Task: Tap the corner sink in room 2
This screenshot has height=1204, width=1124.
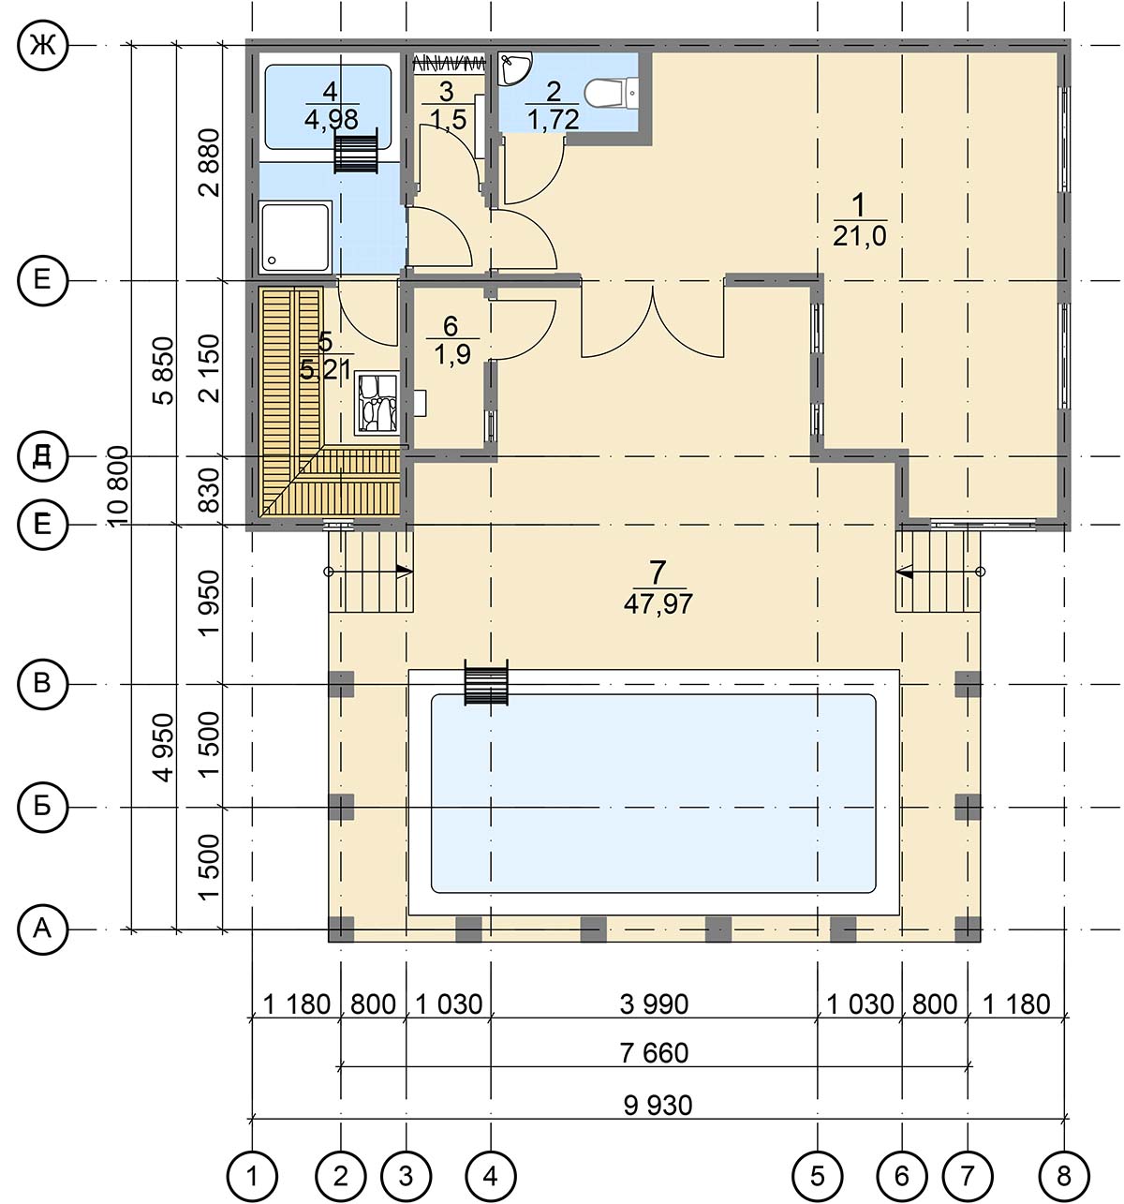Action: point(513,67)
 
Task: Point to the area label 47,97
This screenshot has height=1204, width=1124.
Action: point(658,604)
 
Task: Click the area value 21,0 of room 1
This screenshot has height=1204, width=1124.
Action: point(860,236)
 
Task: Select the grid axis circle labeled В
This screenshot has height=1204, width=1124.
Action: point(42,684)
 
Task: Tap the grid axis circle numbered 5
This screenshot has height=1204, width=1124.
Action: point(817,1176)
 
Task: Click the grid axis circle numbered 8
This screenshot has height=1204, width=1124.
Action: point(1064,1176)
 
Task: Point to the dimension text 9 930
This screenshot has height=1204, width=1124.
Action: point(658,1106)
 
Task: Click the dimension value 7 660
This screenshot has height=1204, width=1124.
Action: point(655,1053)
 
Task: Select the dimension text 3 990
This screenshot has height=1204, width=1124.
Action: point(654,1003)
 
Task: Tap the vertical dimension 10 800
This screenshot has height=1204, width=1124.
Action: point(119,487)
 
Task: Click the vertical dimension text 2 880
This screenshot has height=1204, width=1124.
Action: point(211,162)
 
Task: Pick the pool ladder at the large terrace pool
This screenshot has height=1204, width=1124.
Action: point(485,682)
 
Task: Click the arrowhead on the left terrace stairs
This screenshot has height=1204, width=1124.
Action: point(405,572)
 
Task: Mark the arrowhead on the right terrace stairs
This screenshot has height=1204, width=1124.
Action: point(905,572)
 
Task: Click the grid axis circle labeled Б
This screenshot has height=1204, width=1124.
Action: point(42,807)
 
